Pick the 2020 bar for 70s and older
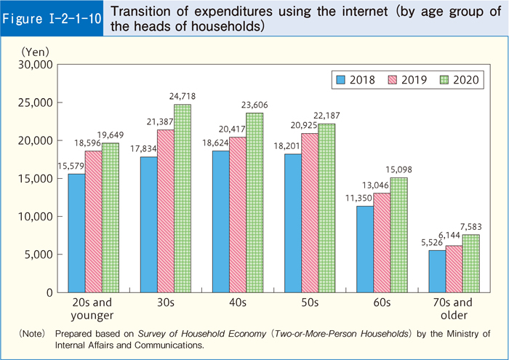[x=470, y=263]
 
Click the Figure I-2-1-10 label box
[x=52, y=17]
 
